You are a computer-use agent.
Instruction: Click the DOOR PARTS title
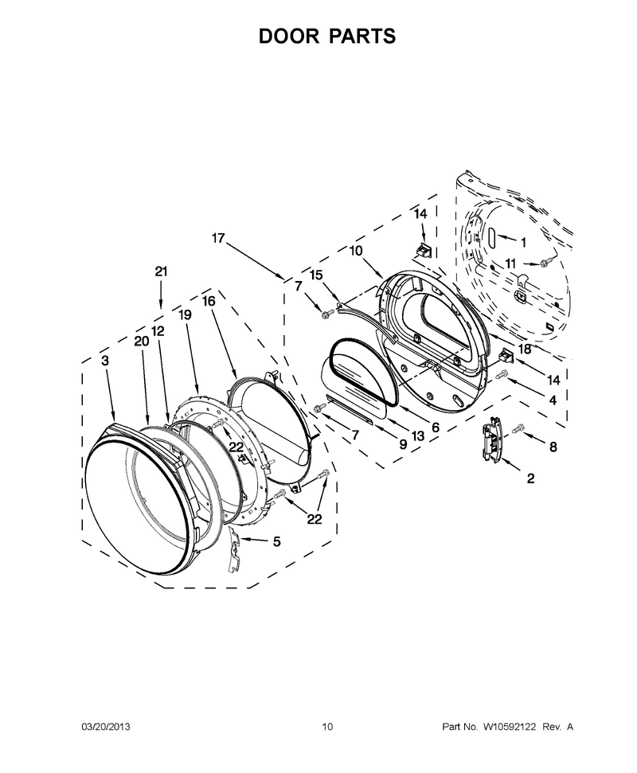(327, 36)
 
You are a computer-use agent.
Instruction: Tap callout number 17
(218, 238)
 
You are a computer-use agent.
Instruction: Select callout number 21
(161, 271)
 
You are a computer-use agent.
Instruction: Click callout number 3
(105, 361)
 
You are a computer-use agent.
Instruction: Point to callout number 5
(276, 541)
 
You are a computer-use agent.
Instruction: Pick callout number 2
(530, 478)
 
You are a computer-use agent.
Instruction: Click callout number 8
(553, 447)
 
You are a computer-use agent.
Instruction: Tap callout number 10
(355, 251)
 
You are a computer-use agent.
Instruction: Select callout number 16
(209, 301)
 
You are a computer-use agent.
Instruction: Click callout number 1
(524, 243)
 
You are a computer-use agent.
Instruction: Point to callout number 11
(510, 264)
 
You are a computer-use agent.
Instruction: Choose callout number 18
(525, 349)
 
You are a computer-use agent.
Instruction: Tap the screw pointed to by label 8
(518, 429)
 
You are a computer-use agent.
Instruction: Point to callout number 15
(316, 275)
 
